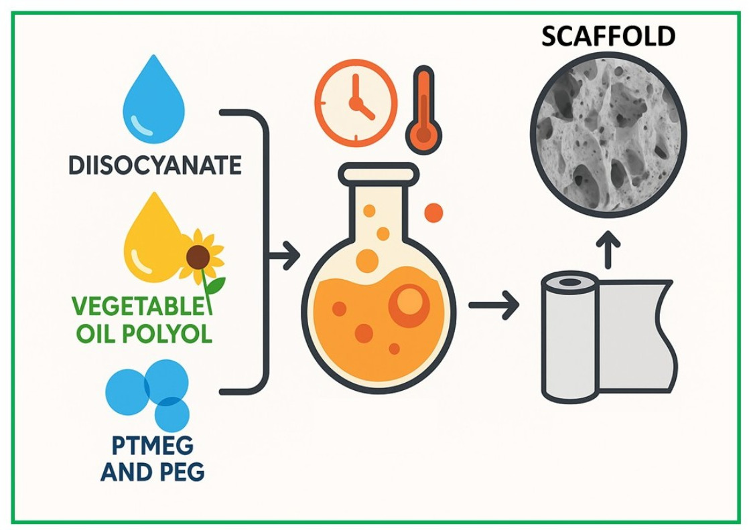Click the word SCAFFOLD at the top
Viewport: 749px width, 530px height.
(607, 36)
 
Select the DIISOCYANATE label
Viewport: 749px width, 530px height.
(155, 165)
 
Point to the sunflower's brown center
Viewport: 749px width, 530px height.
(198, 256)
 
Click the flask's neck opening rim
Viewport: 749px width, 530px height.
(378, 175)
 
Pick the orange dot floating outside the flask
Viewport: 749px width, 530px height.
(433, 213)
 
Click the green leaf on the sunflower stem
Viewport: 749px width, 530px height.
(216, 286)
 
